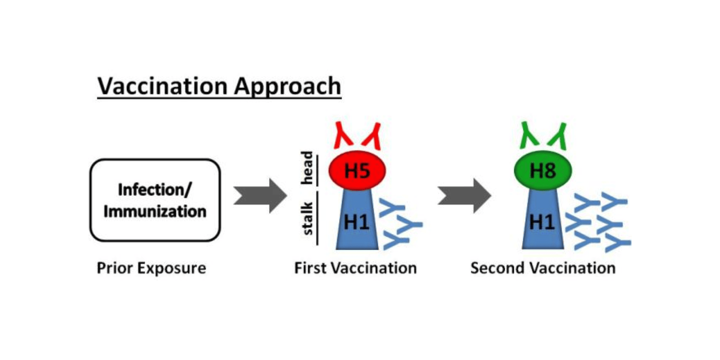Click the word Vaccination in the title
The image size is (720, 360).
[162, 86]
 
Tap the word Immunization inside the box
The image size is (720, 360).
[155, 211]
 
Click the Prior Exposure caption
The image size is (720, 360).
[151, 268]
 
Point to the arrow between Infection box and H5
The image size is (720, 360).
[260, 196]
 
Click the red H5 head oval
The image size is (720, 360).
[357, 171]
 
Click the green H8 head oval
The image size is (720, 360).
[543, 171]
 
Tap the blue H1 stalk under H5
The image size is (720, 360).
[357, 225]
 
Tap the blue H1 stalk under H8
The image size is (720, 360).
[543, 225]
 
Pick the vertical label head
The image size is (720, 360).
[307, 168]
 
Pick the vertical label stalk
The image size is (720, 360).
[307, 219]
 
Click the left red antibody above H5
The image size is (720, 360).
[343, 135]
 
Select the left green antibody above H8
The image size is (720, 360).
[529, 135]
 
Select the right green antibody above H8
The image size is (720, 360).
[558, 136]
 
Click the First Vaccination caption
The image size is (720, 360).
[355, 268]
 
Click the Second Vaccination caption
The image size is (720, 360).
[543, 268]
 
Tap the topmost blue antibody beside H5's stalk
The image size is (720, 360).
[392, 208]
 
